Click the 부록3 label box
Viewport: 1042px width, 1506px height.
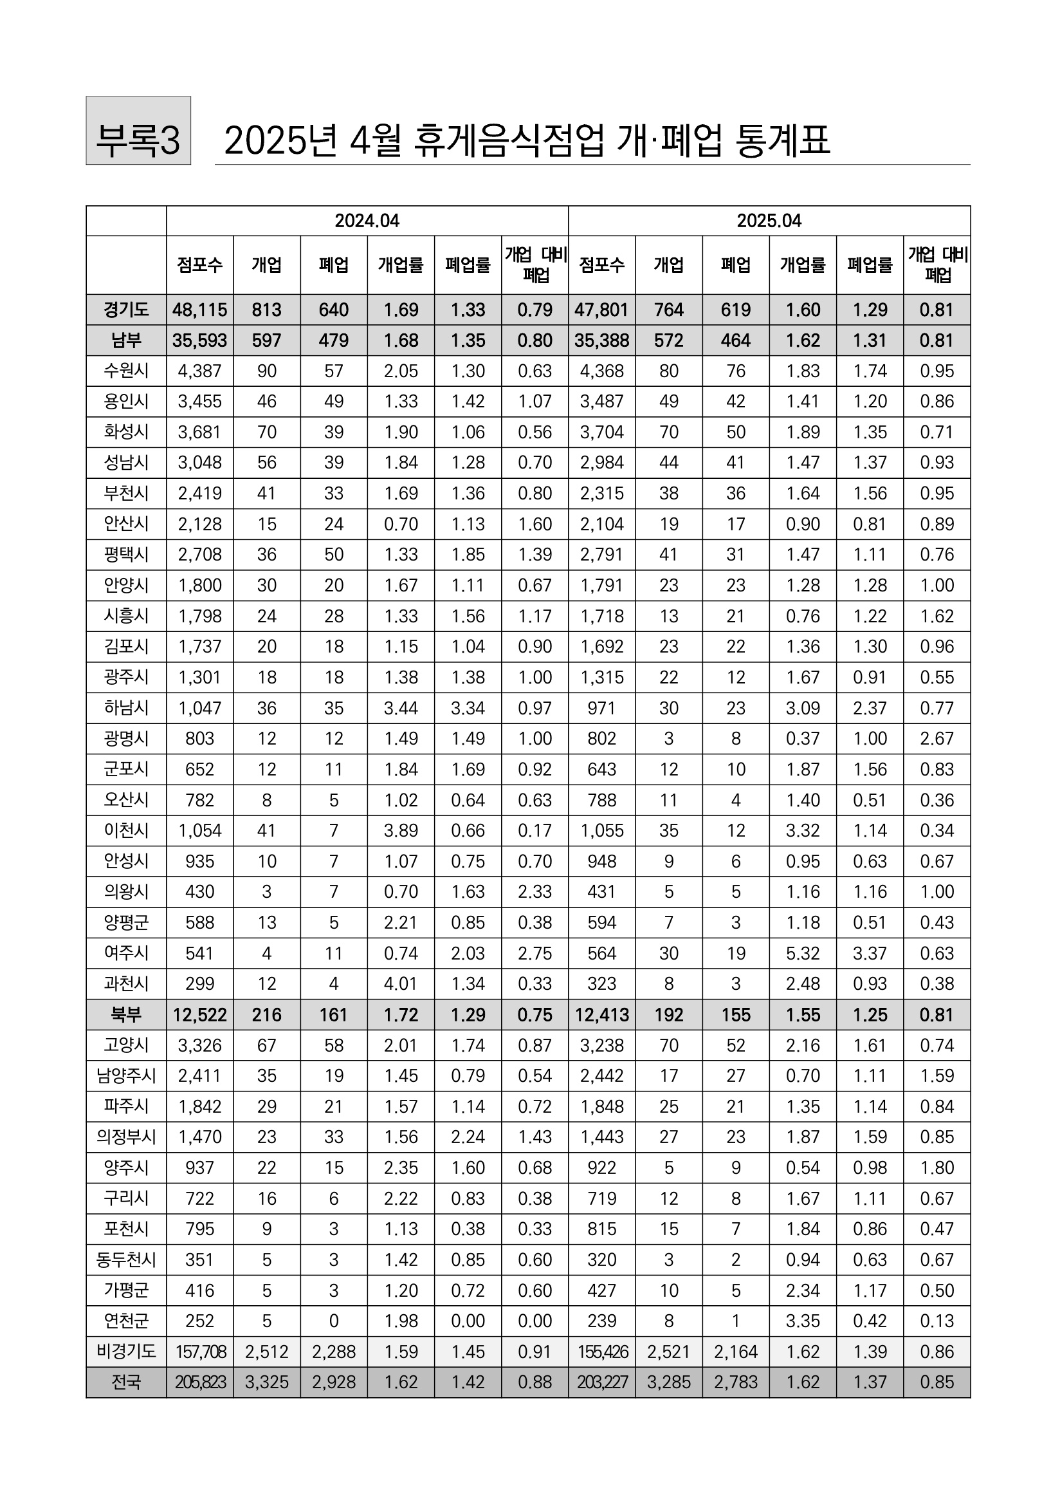coord(138,131)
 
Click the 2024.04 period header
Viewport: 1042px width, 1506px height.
coord(367,221)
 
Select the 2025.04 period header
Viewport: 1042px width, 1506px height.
coord(769,221)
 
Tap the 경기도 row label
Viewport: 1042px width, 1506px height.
coord(126,310)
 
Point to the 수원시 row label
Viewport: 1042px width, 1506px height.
coord(126,371)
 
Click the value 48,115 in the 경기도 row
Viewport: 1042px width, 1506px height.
coord(200,310)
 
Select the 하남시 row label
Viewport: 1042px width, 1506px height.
coord(126,708)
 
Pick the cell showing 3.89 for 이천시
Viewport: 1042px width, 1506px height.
coord(401,831)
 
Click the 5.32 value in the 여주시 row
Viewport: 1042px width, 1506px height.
coord(802,954)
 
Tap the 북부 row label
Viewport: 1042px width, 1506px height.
coord(126,1015)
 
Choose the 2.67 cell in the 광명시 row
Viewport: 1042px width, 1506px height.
coord(937,739)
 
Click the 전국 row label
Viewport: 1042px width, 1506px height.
coord(126,1382)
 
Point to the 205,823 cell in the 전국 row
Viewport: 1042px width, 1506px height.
coord(200,1382)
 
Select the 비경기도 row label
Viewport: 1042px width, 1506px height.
coord(126,1352)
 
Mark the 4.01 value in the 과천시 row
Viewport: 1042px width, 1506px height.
coord(401,983)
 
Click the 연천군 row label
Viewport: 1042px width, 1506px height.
coord(126,1321)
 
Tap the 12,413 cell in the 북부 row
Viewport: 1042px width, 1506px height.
coord(602,1015)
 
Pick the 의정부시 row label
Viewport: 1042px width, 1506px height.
coord(126,1137)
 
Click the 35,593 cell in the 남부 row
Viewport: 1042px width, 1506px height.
coord(200,340)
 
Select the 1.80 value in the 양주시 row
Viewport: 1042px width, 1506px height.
coord(937,1167)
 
